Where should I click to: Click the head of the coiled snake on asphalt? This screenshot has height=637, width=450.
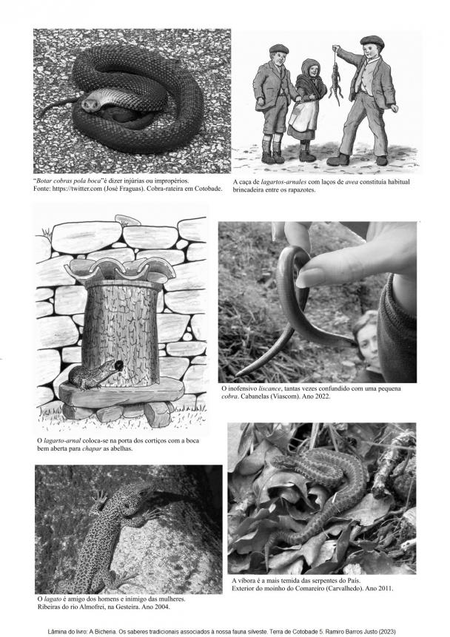[90, 104]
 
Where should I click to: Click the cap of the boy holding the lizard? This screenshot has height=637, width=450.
[372, 41]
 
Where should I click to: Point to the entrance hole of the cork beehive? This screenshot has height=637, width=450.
[119, 366]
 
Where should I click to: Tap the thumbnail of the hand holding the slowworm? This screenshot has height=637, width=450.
[311, 277]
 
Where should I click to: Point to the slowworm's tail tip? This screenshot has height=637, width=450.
[237, 374]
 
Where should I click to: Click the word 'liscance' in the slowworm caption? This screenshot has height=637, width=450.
[269, 388]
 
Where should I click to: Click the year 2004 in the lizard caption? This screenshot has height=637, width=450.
[162, 607]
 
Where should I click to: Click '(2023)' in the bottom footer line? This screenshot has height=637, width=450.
[387, 631]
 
